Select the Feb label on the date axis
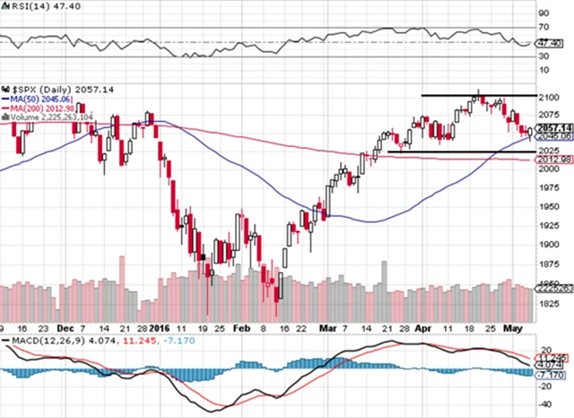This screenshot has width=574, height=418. [242, 328]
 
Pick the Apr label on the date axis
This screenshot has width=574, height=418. [423, 328]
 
